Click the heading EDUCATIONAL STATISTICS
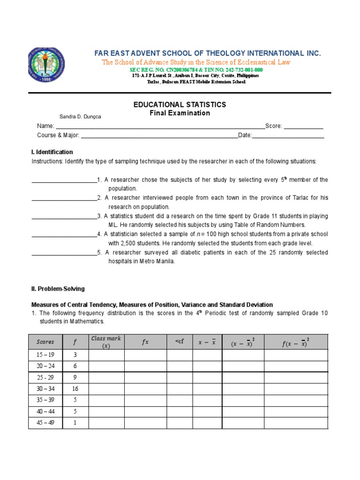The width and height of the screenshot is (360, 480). point(180,105)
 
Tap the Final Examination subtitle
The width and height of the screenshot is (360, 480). point(180,113)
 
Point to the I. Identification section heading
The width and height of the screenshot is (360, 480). point(52,152)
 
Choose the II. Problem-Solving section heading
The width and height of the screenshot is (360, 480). point(58,289)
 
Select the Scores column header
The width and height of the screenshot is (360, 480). point(45,342)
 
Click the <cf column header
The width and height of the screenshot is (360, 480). point(180,342)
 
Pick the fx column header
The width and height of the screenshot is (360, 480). point(145,342)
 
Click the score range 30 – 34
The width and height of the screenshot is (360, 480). point(45,388)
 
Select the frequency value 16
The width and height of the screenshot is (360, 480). point(75,388)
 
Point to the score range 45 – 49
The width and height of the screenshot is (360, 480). point(45,422)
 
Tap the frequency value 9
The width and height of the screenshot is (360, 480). point(75,377)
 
